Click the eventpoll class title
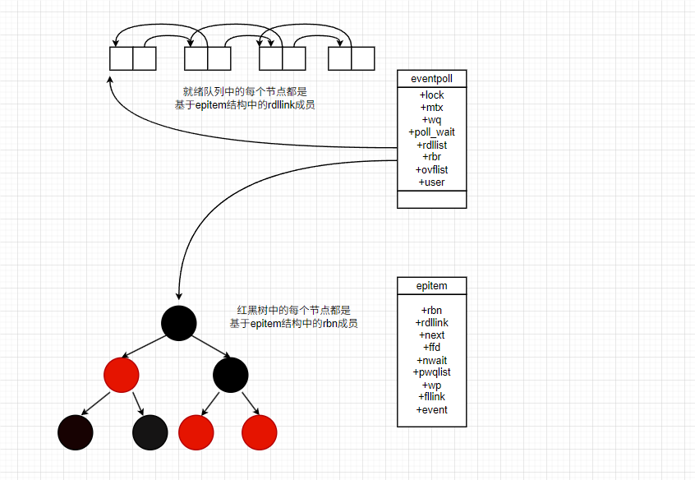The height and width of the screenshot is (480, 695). tap(431, 79)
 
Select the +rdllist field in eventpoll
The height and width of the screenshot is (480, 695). tap(431, 145)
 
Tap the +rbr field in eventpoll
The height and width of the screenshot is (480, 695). tap(431, 157)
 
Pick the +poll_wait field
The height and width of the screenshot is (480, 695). tap(431, 132)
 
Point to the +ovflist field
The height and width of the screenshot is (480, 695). tap(431, 169)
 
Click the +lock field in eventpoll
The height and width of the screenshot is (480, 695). tap(431, 95)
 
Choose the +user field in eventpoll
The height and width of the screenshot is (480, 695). tap(431, 182)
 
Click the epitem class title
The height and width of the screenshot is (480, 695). tap(431, 286)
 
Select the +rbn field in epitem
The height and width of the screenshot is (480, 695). tap(431, 310)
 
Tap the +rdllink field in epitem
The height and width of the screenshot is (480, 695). tap(431, 323)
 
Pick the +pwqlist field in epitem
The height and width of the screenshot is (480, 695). tap(431, 372)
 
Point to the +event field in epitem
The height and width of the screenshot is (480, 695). tap(431, 409)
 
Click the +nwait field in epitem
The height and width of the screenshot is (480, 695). tap(431, 360)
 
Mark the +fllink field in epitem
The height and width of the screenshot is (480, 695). tap(431, 397)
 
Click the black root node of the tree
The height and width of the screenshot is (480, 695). tap(179, 323)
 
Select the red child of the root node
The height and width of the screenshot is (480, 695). tap(122, 375)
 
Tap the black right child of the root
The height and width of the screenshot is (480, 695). tap(231, 375)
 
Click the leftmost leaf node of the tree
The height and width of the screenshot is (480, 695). tap(76, 432)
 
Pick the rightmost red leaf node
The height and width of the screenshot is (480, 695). tap(260, 432)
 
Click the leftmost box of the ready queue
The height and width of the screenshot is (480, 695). tap(122, 58)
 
